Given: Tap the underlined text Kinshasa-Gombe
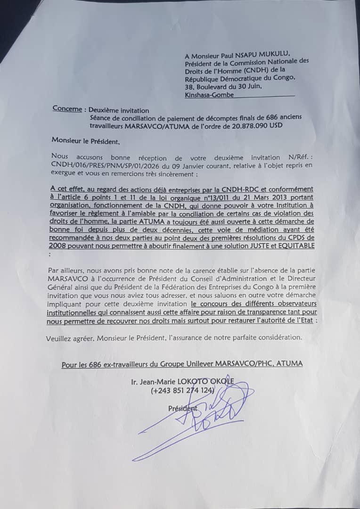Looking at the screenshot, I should (209, 94).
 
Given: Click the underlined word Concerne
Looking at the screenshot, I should (67, 108).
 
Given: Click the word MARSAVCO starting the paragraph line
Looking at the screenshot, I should (64, 279).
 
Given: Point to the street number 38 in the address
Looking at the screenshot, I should (189, 86).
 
